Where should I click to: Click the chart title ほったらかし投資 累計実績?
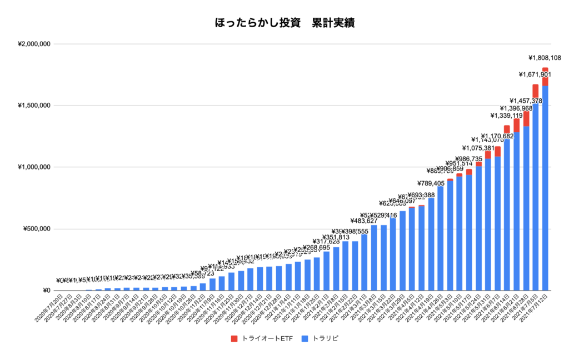284,23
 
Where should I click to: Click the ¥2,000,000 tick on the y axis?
34,44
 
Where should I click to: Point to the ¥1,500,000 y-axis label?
34,106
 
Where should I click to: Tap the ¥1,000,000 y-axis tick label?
34,167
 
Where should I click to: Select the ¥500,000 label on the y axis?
37,229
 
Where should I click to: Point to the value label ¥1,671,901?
535,74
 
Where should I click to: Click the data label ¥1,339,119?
507,116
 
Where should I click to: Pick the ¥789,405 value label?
431,183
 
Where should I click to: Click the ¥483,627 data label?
365,221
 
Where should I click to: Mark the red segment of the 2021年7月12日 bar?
545,77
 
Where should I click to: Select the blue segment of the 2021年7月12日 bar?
545,189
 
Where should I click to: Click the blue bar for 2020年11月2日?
203,287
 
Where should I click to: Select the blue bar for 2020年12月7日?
250,279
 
